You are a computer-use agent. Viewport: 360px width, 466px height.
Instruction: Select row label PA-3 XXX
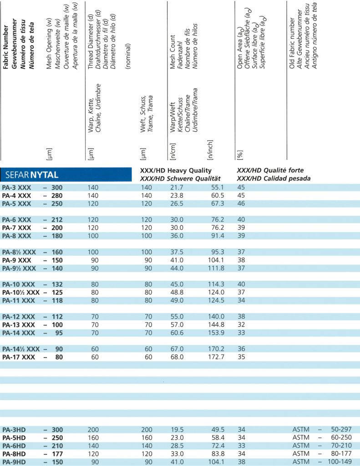[17, 187]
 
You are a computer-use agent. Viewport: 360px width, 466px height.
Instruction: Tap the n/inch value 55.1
[216, 187]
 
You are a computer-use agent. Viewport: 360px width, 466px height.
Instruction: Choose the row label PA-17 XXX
[19, 357]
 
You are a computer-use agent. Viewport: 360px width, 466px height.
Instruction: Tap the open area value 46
[241, 203]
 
